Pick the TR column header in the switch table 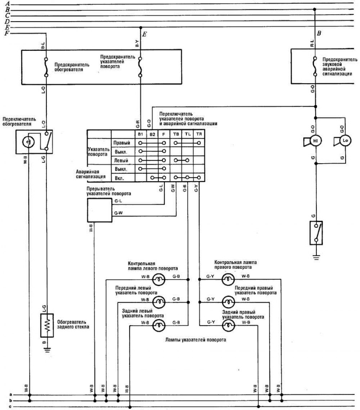[199, 134]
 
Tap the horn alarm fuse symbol [315, 66]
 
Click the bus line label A [6, 3]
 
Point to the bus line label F [6, 34]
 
